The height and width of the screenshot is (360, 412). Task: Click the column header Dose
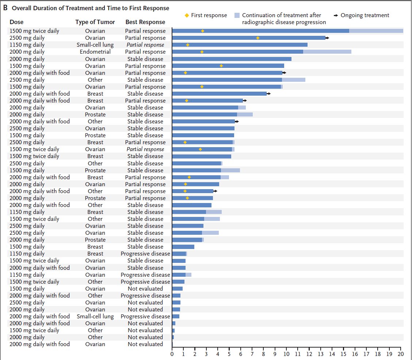pyautogui.click(x=16, y=22)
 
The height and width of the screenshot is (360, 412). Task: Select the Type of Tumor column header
pyautogui.click(x=95, y=22)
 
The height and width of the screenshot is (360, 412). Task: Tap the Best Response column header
pyautogui.click(x=145, y=22)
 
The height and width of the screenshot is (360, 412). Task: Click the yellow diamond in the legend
pyautogui.click(x=187, y=15)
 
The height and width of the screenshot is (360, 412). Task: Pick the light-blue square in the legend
pyautogui.click(x=237, y=15)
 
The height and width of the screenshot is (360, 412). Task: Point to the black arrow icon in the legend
pyautogui.click(x=336, y=15)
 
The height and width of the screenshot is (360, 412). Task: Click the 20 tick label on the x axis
pyautogui.click(x=401, y=353)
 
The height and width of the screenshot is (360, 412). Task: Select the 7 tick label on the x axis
pyautogui.click(x=252, y=353)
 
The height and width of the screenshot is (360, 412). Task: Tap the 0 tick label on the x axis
pyautogui.click(x=172, y=353)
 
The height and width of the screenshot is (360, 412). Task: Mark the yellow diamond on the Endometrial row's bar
pyautogui.click(x=202, y=52)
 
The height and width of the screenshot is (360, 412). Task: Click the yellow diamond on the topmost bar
pyautogui.click(x=203, y=31)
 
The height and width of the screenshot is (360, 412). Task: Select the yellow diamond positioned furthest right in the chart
pyautogui.click(x=258, y=38)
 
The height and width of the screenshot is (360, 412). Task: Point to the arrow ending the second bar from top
pyautogui.click(x=327, y=38)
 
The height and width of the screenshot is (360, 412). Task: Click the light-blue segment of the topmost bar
pyautogui.click(x=376, y=31)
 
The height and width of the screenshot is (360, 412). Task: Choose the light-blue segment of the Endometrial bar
pyautogui.click(x=327, y=52)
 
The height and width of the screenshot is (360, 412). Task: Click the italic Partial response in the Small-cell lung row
pyautogui.click(x=145, y=45)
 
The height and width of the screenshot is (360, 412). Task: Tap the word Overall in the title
pyautogui.click(x=22, y=8)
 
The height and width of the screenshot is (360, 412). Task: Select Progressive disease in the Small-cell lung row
pyautogui.click(x=145, y=316)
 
